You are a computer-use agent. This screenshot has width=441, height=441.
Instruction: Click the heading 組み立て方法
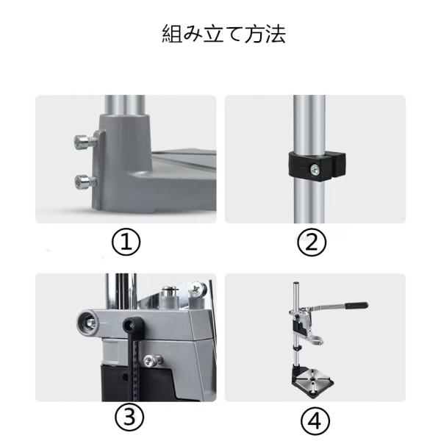[224, 34]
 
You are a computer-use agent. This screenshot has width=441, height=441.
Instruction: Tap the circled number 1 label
[126, 242]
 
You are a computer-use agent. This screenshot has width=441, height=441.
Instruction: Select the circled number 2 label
[312, 242]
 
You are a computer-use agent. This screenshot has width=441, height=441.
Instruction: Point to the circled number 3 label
[129, 417]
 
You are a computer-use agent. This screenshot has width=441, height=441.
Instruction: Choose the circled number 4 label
[315, 420]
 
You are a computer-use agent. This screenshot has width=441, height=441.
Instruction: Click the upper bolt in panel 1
[85, 142]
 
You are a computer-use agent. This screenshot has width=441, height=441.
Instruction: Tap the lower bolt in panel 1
[86, 182]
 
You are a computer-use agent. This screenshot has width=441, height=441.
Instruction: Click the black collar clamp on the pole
[317, 166]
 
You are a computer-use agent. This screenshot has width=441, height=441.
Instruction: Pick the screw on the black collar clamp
[315, 170]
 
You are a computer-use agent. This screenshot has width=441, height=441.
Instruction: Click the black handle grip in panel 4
[356, 305]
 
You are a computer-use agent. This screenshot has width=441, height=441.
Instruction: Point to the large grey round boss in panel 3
[87, 323]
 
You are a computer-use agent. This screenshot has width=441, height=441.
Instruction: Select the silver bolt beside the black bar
[153, 361]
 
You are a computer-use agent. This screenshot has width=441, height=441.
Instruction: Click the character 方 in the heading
[255, 34]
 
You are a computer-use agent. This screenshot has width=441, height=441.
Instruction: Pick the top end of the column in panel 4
[295, 283]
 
